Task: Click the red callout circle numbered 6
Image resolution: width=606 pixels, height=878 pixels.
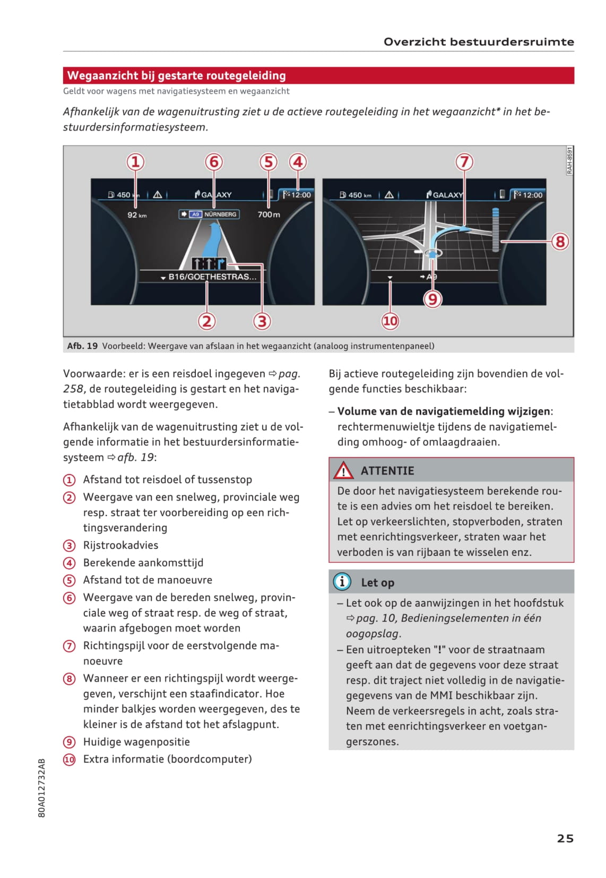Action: pos(214,162)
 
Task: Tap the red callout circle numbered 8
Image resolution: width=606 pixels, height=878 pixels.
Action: pos(560,242)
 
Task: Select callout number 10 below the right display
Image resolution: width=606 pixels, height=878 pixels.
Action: pos(390,321)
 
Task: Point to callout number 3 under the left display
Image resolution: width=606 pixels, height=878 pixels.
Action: pos(262,321)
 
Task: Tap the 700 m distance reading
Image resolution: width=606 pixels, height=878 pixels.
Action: pos(269,214)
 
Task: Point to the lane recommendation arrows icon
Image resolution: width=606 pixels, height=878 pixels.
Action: pos(209,263)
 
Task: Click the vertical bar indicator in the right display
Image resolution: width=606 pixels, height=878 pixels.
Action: pos(496,229)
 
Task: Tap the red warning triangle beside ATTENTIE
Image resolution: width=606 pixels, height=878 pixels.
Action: pos(343,470)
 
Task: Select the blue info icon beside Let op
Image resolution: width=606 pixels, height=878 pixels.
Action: pos(342,582)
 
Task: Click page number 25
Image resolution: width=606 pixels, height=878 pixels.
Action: pos(565,838)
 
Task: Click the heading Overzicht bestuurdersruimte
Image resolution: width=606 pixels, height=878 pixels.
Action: pos(478,42)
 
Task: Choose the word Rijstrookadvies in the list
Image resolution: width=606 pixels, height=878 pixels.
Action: pos(120,545)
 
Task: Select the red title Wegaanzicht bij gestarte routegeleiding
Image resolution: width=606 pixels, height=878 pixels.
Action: pos(177,75)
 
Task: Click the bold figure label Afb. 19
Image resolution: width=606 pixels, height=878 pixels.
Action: pos(82,346)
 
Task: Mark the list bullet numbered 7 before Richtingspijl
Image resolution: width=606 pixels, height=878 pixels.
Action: pos(70,645)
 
